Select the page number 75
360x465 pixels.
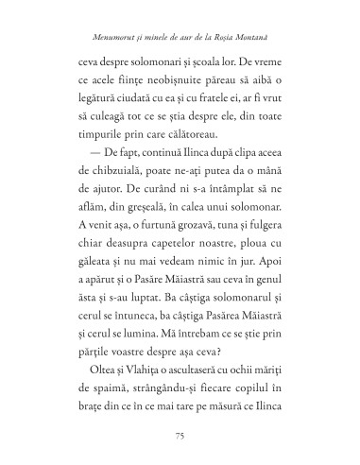tap(180, 434)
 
